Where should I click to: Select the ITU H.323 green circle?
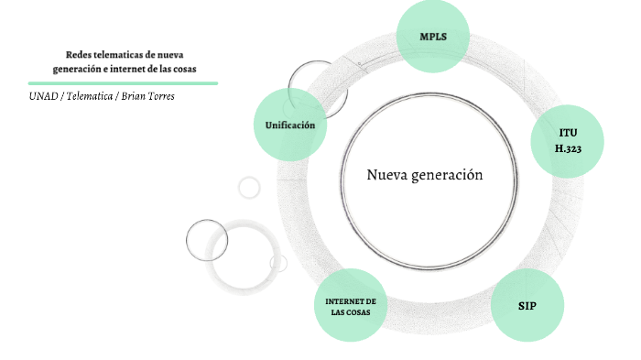coord(568,140)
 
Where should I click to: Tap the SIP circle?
coord(527,305)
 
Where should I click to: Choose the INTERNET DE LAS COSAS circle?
coord(352,306)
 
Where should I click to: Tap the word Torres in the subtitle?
coord(161,96)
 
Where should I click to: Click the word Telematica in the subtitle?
coord(90,96)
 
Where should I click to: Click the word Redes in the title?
coord(80,56)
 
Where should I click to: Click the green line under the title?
coord(123,82)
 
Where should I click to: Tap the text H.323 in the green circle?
coord(568,147)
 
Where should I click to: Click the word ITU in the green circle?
coord(568,133)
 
